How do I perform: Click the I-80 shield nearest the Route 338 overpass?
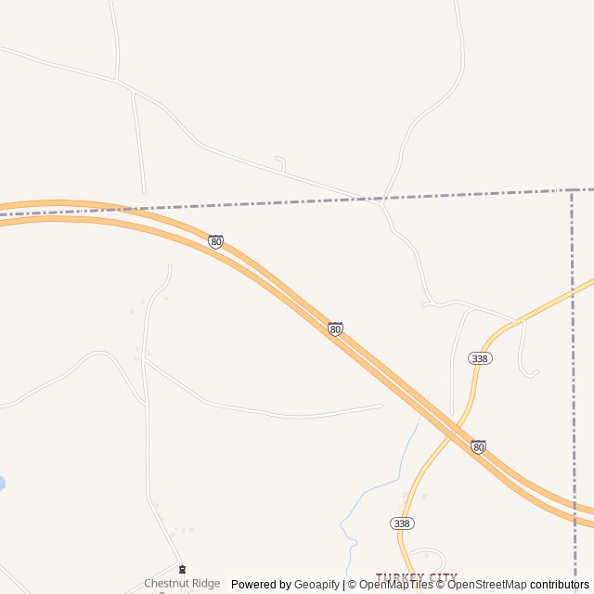coord(478,446)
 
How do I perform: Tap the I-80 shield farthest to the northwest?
coord(216,241)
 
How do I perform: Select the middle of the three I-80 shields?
coord(335,329)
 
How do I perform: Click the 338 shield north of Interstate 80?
coord(481,358)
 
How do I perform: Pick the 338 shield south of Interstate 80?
coord(401,523)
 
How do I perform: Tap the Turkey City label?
coord(416,577)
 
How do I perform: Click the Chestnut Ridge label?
coord(182,583)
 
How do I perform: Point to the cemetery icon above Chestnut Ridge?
coord(182,569)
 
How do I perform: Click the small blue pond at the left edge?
coord(2,484)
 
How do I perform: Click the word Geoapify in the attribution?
coord(316,585)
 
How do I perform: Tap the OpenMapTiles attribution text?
coord(395,585)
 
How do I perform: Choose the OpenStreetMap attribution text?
coord(486,585)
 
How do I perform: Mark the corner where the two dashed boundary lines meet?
coord(570,190)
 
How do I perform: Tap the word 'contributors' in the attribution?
coord(559,585)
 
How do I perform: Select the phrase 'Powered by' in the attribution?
coord(261,585)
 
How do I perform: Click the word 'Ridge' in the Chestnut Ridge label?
coord(205,583)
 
